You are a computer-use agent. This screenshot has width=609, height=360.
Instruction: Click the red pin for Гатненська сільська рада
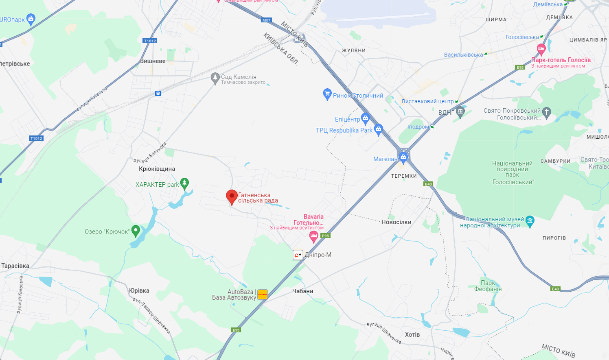tap(232, 196)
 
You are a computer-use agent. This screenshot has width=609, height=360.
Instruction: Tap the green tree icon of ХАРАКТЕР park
tap(184, 183)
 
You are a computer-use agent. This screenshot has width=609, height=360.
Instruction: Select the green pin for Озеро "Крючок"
tap(136, 231)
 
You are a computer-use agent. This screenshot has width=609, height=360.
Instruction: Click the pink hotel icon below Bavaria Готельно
tap(313, 236)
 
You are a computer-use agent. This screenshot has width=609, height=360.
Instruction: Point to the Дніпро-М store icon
tap(298, 255)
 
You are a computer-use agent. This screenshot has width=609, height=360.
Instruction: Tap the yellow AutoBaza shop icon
tap(263, 294)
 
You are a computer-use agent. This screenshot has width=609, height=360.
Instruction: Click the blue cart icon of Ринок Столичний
tap(327, 94)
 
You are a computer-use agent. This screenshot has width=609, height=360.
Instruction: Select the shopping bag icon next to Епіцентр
tap(365, 118)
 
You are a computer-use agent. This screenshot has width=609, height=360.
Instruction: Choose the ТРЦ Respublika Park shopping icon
tap(379, 129)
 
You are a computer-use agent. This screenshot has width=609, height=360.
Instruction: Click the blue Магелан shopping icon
tap(403, 157)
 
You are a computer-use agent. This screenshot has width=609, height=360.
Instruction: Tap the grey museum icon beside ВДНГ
tap(460, 112)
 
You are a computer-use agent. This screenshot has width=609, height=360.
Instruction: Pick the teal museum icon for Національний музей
tap(530, 221)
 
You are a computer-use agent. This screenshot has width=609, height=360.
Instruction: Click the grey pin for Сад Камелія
tap(215, 78)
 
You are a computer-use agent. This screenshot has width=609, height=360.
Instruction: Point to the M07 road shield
tap(266, 20)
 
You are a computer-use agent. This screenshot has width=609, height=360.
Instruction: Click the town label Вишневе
tap(153, 61)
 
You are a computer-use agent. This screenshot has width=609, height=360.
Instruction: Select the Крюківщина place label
tap(157, 169)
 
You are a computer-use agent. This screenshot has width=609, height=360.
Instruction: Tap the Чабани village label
tap(303, 291)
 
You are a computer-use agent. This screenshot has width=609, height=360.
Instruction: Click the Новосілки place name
tap(396, 222)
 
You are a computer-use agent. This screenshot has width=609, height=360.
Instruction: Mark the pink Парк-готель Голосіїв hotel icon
tap(541, 50)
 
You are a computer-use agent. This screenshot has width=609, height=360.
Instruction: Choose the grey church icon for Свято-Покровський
tap(546, 112)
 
